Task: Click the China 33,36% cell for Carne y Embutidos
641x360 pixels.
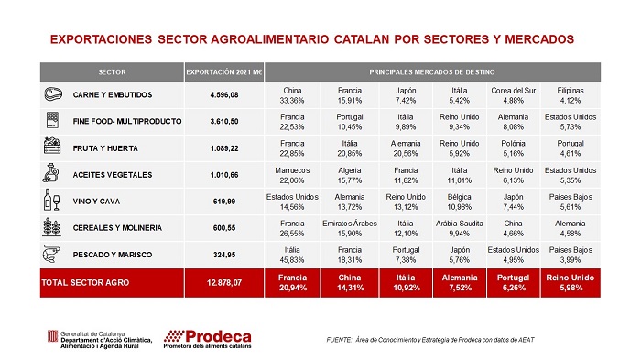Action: click(292, 95)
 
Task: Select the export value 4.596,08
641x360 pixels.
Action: click(224, 95)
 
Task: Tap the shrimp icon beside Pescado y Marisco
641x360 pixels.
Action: click(51, 254)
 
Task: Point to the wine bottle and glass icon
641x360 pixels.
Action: click(51, 200)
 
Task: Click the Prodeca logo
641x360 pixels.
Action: click(207, 339)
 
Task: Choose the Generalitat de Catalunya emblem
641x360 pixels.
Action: click(52, 336)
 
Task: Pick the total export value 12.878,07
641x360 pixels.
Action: click(224, 283)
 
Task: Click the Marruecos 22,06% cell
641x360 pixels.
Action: click(292, 175)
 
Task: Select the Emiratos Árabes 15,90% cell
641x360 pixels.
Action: click(350, 228)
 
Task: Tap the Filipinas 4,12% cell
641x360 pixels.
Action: click(570, 95)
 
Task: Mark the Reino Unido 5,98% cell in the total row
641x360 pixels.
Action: click(570, 283)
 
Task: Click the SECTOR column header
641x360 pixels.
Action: click(112, 72)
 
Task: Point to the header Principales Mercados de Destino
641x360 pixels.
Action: click(432, 72)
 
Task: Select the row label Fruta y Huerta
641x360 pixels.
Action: click(105, 148)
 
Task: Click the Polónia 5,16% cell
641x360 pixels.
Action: click(513, 148)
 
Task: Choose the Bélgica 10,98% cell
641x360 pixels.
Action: click(460, 202)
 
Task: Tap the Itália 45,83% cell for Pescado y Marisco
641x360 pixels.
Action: click(292, 255)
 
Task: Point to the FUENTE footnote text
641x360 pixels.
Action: click(430, 340)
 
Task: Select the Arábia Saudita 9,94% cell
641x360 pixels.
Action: click(460, 228)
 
